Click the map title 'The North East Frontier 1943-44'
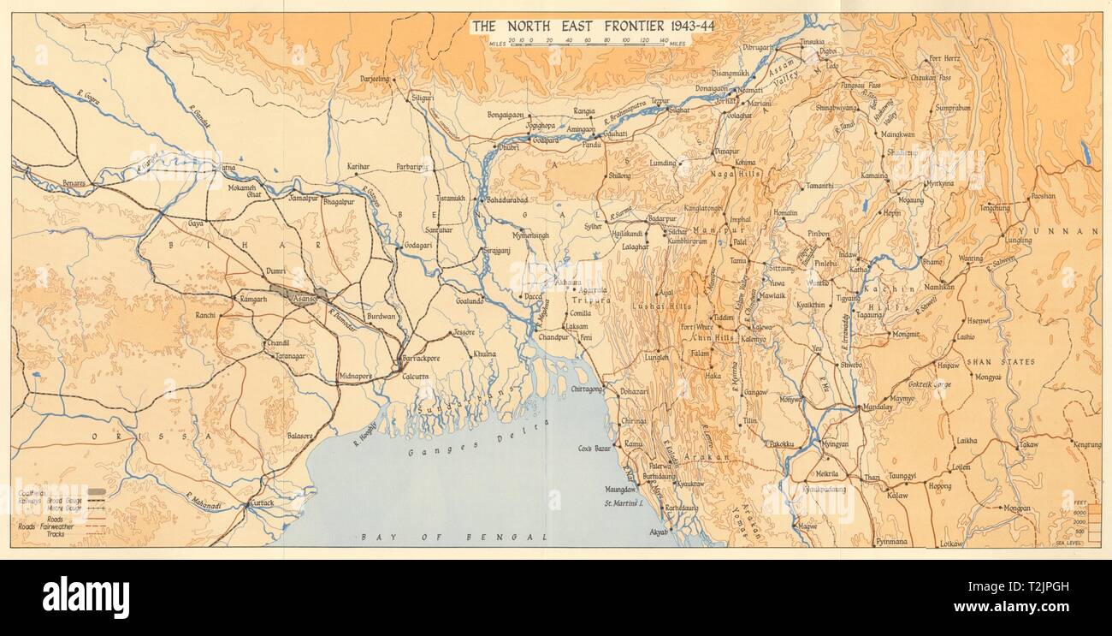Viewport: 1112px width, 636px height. pyautogui.click(x=593, y=26)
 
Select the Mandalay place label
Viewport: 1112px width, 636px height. pyautogui.click(x=877, y=407)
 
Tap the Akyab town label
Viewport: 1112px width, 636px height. pyautogui.click(x=660, y=532)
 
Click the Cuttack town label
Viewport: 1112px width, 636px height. pyautogui.click(x=261, y=503)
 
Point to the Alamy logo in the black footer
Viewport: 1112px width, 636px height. pyautogui.click(x=86, y=597)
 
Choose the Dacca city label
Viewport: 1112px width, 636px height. pyautogui.click(x=533, y=297)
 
